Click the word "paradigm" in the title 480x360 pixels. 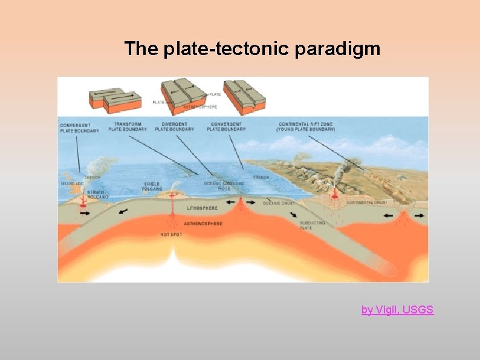click(338, 49)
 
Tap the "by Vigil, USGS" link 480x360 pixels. click(397, 310)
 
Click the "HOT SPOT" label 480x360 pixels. click(172, 234)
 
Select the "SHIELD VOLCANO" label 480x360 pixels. click(152, 186)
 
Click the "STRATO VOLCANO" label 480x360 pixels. click(97, 194)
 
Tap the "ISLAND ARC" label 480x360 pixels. click(71, 183)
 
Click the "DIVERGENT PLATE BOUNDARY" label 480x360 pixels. click(174, 126)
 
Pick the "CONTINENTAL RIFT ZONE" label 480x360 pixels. click(306, 126)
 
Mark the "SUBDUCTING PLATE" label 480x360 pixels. click(313, 225)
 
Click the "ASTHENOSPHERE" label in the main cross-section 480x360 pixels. click(203, 224)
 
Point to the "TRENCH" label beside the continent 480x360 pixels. click(261, 177)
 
